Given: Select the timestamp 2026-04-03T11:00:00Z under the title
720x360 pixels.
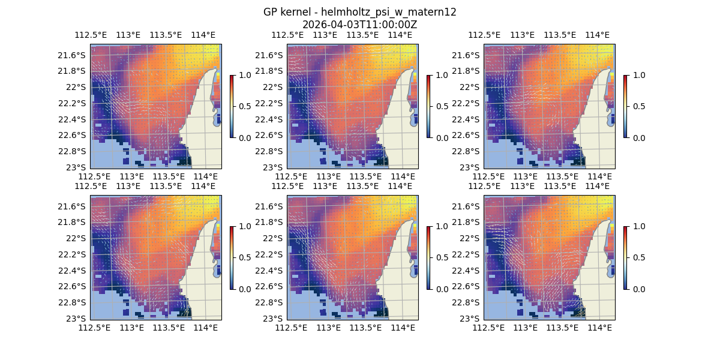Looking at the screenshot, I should point(360,25).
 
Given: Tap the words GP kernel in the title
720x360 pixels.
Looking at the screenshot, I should point(286,12).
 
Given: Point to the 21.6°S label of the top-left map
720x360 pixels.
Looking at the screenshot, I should point(71,55).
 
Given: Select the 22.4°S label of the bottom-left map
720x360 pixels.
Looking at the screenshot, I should point(71,270).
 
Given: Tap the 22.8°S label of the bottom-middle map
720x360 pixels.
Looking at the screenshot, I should point(268,302).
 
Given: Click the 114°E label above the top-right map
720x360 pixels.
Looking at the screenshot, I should point(597,35).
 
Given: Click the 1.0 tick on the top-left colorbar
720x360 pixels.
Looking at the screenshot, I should point(245,75).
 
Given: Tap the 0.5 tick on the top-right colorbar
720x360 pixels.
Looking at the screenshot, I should point(639,106).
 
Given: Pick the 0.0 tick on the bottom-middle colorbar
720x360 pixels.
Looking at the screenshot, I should point(442,289).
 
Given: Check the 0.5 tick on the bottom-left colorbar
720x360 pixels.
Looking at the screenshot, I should point(245,257).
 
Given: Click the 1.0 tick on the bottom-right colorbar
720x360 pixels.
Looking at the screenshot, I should point(639,226).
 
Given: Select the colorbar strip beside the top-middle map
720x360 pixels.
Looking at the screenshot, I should point(428,106).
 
